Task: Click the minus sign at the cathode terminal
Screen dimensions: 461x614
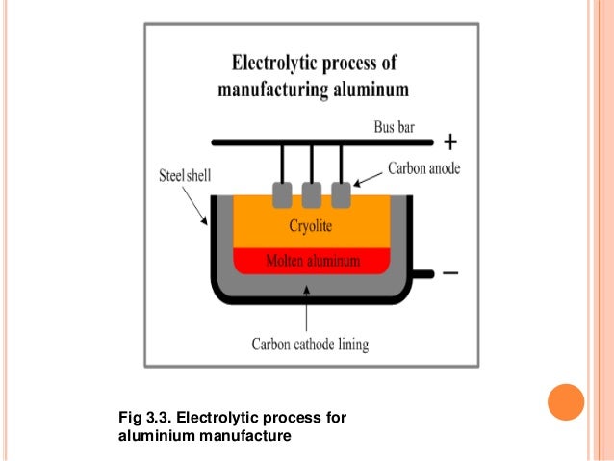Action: click(x=450, y=273)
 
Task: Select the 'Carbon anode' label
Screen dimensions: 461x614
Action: click(x=424, y=167)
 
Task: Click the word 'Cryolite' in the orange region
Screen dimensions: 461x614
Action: click(x=311, y=226)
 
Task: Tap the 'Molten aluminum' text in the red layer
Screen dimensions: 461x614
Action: click(x=311, y=260)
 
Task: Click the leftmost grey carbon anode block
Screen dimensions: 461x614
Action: click(x=283, y=195)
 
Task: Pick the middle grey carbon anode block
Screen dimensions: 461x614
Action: click(x=311, y=195)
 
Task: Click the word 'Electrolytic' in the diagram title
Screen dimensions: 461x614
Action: click(x=277, y=64)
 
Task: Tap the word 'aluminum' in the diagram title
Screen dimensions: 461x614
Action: click(x=372, y=90)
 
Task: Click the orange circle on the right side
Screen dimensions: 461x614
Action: click(x=565, y=402)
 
